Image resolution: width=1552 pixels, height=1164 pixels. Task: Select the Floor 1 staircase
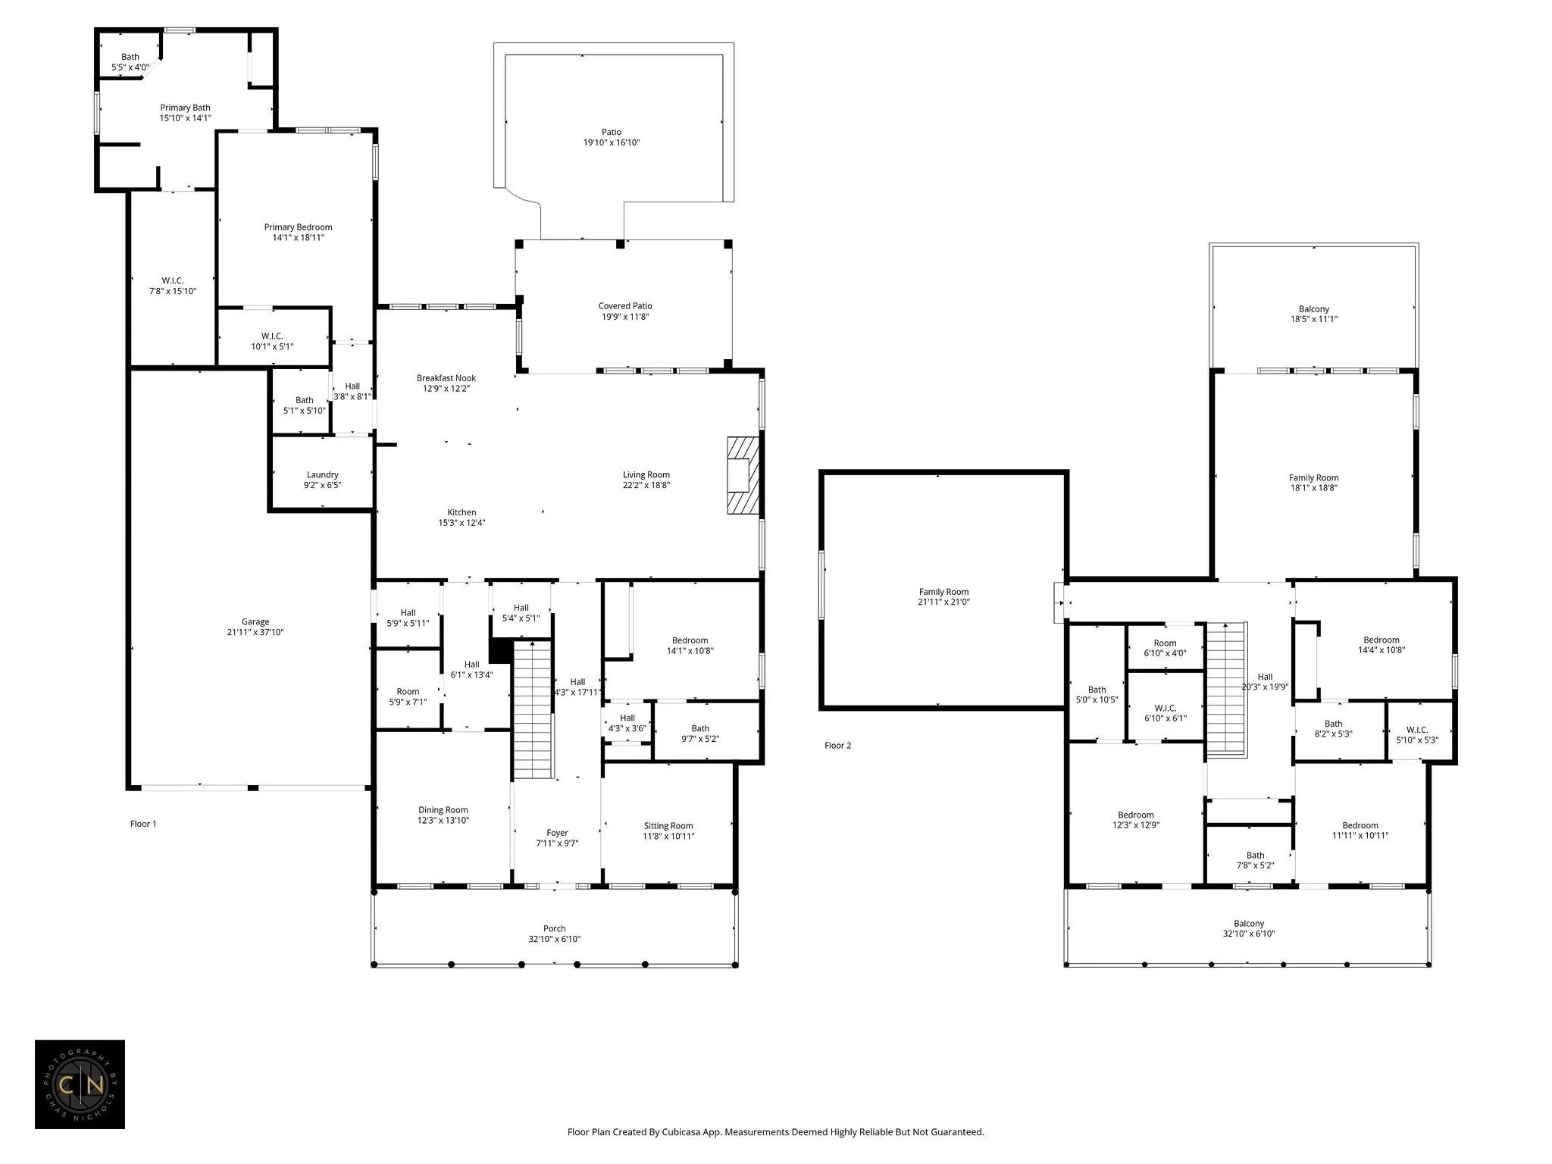(533, 709)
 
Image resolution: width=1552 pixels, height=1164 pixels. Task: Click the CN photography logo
(80, 1084)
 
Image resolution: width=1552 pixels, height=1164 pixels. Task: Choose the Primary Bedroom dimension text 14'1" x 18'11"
(298, 238)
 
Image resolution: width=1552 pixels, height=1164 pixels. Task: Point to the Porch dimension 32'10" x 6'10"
(555, 939)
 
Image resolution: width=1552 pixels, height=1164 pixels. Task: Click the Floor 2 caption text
(838, 746)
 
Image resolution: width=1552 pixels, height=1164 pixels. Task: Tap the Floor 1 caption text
(143, 824)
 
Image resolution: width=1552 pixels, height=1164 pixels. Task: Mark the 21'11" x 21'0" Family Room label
(943, 597)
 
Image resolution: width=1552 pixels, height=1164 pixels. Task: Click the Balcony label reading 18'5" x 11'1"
(1314, 314)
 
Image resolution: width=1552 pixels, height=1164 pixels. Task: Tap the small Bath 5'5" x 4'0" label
(130, 61)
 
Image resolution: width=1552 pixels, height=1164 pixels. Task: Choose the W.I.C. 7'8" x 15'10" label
(173, 286)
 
